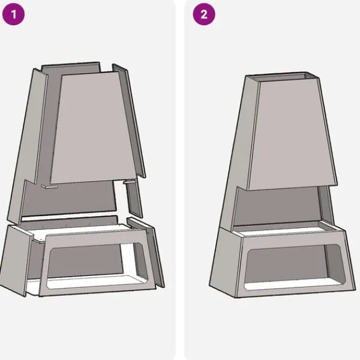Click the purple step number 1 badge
tap(13, 14)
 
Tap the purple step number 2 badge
tap(204, 14)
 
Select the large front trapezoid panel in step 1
tap(93, 127)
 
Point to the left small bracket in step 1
tap(49, 187)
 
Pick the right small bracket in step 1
tap(129, 182)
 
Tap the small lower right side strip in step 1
tap(134, 199)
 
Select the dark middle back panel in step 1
tap(69, 199)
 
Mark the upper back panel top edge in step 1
tap(71, 64)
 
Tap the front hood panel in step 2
tap(292, 134)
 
